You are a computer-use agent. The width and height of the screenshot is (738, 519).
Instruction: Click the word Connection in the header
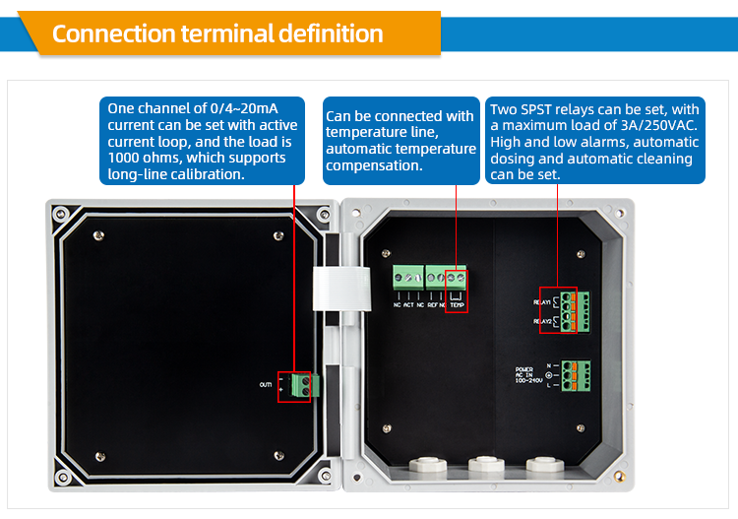point(113,33)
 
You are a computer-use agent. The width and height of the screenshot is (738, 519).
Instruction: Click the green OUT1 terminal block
point(304,384)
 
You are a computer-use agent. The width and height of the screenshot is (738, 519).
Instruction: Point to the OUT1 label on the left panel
point(266,385)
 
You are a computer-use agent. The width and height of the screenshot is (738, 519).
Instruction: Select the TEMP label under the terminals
point(458,305)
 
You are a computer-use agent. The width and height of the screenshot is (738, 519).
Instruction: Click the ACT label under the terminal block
point(407,305)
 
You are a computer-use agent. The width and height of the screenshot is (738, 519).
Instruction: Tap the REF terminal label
point(432,305)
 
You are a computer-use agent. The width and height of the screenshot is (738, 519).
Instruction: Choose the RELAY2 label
point(543,321)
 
